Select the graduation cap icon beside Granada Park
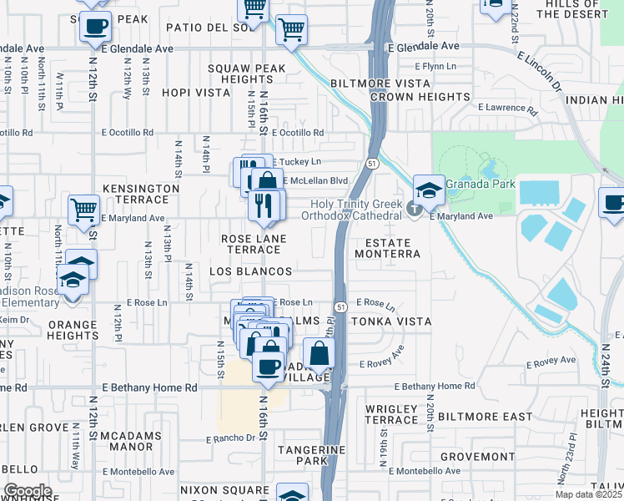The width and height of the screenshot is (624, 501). click(x=429, y=190)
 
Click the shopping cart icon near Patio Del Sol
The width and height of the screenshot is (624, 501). click(x=291, y=31)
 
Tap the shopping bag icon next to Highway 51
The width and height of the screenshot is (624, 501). click(x=320, y=353)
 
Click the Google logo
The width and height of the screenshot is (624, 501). click(x=28, y=491)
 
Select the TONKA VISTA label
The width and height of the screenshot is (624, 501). click(x=390, y=321)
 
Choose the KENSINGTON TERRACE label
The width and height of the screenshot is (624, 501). click(x=141, y=195)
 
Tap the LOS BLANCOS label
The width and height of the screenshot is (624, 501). click(x=250, y=271)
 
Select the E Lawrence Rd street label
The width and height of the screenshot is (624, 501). click(x=508, y=108)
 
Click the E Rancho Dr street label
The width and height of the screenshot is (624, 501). click(x=230, y=438)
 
